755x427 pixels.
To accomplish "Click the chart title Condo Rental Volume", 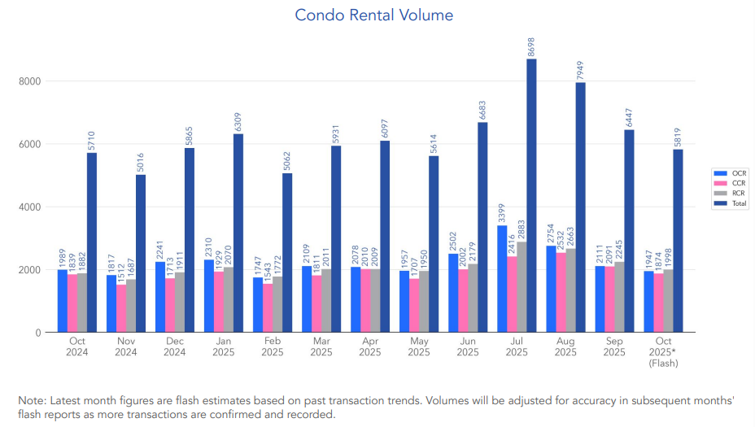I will point(373,15).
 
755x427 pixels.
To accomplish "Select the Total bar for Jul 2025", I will point(531,195).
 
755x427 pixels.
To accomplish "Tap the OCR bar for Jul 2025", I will point(502,278).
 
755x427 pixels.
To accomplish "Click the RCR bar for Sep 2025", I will point(619,297).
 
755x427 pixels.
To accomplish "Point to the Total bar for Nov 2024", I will point(141,253).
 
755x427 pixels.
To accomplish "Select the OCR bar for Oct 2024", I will point(63,300).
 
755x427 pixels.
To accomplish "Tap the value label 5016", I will point(141,161).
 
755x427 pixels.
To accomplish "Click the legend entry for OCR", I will point(731,173).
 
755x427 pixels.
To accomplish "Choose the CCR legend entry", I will point(731,183).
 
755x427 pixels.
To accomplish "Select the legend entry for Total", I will point(731,203).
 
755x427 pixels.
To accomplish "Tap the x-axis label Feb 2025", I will point(273,346).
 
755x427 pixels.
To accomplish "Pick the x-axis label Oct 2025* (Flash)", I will point(663,352).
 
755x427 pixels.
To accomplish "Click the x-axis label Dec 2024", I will point(175,346).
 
